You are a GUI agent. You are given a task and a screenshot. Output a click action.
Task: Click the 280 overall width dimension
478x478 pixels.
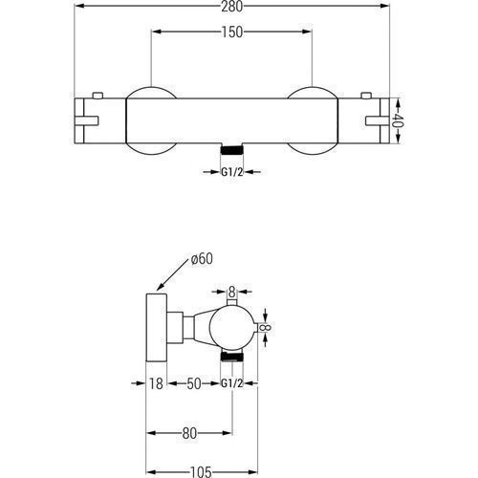231,7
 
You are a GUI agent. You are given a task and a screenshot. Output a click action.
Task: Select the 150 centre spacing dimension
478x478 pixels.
231,32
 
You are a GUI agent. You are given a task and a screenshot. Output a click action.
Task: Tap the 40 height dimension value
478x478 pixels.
398,120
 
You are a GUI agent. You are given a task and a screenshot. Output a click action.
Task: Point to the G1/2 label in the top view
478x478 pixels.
232,172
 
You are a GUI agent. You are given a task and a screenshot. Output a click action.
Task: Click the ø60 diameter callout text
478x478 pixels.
202,259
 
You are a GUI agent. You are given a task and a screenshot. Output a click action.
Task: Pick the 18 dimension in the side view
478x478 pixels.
156,383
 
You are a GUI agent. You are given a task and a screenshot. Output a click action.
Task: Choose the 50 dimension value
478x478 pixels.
194,383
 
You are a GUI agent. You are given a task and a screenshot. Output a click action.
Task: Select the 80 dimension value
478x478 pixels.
189,433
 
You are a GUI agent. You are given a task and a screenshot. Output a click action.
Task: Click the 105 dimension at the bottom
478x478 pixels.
201,472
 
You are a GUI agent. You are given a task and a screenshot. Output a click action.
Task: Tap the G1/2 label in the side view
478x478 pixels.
232,383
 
